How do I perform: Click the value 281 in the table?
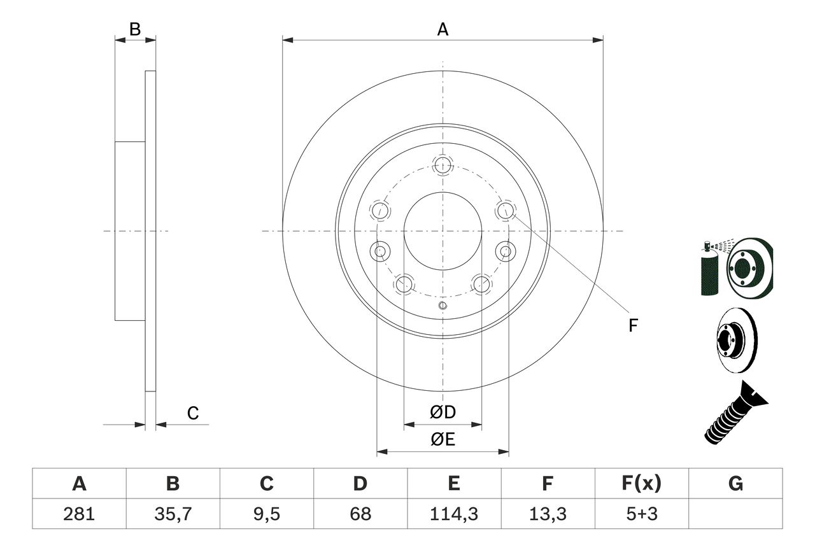click(x=80, y=514)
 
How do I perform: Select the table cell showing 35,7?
click(x=173, y=514)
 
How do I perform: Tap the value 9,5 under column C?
click(x=266, y=514)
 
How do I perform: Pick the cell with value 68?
click(x=360, y=514)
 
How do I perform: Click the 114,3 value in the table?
click(x=453, y=514)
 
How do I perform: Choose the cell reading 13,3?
click(x=547, y=514)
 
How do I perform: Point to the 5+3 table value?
click(x=641, y=514)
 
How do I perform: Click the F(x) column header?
click(x=641, y=484)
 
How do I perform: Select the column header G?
click(x=735, y=484)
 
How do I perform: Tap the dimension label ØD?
click(x=443, y=413)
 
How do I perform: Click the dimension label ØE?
click(x=443, y=440)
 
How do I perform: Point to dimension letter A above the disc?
click(x=443, y=29)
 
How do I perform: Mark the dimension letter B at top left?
click(x=134, y=29)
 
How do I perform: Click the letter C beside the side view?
click(x=193, y=414)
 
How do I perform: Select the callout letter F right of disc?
click(x=633, y=326)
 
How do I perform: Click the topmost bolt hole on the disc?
click(x=443, y=165)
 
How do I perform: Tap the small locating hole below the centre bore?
click(x=443, y=307)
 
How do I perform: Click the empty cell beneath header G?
click(x=735, y=514)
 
